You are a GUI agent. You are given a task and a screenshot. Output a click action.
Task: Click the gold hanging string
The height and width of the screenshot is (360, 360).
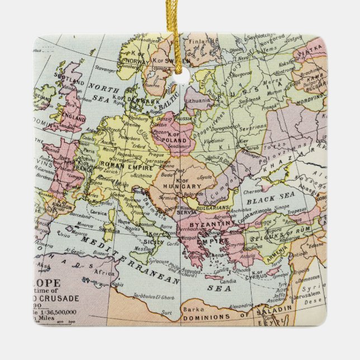click(x=181, y=34)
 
